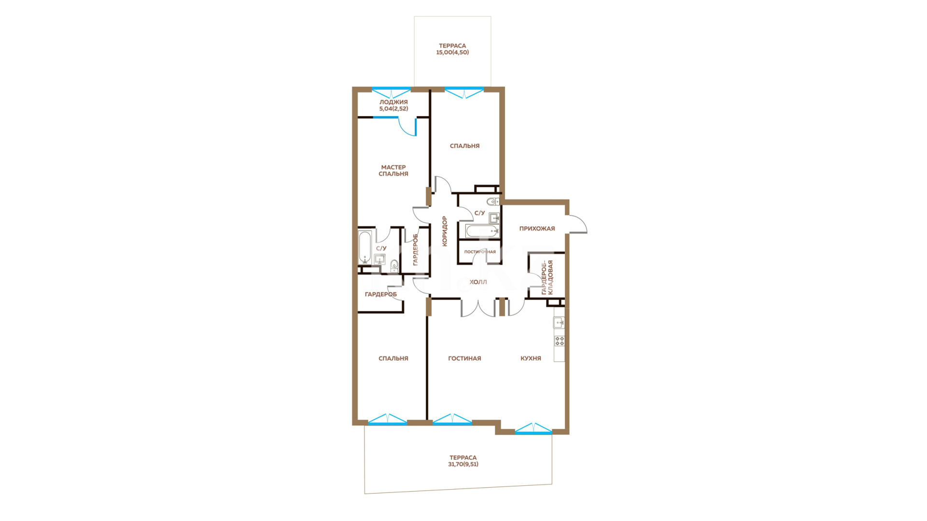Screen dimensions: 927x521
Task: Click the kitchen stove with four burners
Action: [559, 341]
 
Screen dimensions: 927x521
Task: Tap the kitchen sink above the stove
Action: [559, 322]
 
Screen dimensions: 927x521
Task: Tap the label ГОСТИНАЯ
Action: [464, 358]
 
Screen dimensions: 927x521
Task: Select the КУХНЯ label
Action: [531, 358]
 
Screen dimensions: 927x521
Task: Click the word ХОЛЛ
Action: [478, 282]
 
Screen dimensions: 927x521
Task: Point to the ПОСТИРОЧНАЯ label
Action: [480, 252]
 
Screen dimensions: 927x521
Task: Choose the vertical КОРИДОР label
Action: [445, 231]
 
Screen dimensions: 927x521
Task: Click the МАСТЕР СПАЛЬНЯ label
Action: [393, 170]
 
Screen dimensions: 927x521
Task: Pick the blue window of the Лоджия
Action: [391, 92]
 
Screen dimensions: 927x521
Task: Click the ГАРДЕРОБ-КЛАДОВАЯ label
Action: [547, 277]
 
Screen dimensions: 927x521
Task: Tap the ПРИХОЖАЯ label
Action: [537, 229]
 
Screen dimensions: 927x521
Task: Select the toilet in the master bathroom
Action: [394, 265]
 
